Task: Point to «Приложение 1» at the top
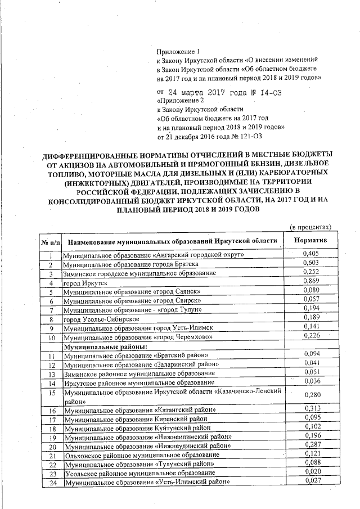tap(174, 50)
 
